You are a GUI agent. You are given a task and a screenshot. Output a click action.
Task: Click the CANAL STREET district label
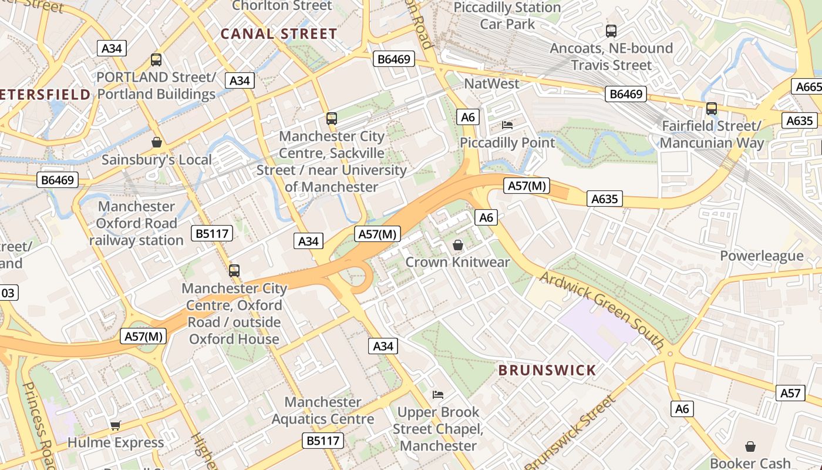[x=279, y=34]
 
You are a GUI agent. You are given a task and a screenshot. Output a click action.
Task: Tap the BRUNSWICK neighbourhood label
[x=547, y=370]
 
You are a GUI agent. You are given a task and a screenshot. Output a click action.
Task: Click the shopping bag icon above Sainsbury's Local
[x=157, y=142]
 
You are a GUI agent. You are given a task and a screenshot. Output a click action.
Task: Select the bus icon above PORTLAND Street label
[x=156, y=59]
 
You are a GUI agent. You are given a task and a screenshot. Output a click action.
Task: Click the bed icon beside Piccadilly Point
[x=507, y=125]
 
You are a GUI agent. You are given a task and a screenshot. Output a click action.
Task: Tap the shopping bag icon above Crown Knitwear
[x=458, y=245]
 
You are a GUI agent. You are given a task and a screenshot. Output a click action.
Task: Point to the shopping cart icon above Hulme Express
[x=116, y=425]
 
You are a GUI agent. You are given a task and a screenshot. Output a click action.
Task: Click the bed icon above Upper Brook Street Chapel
[x=438, y=394]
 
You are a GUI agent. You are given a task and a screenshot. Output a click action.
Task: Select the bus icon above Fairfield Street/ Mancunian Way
[x=712, y=108]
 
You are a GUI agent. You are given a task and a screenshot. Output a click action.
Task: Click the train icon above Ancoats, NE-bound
[x=611, y=31]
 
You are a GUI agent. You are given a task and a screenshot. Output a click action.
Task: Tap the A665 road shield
[x=808, y=87]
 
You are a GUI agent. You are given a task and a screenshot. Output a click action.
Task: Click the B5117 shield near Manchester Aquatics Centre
[x=324, y=440]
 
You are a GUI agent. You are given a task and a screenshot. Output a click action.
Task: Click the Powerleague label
[x=762, y=256]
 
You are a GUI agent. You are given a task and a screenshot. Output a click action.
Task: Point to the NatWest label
[x=491, y=83]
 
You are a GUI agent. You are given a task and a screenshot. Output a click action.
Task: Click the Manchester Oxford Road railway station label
[x=136, y=223]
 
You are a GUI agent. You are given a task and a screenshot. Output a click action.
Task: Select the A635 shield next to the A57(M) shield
[x=605, y=199]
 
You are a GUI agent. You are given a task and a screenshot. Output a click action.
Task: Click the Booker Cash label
[x=750, y=463]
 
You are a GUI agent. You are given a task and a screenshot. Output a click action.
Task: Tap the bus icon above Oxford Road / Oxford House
[x=234, y=271]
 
